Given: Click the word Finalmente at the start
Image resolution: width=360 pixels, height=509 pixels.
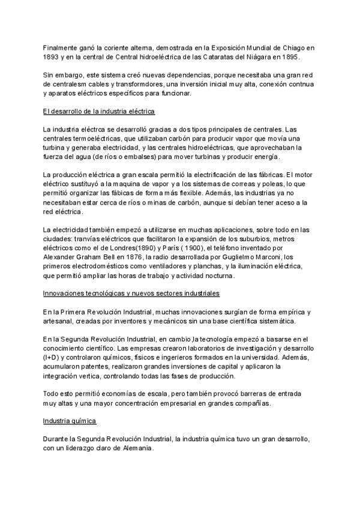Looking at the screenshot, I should pyautogui.click(x=59, y=46).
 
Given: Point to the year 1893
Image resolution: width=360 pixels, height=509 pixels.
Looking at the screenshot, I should pyautogui.click(x=52, y=57).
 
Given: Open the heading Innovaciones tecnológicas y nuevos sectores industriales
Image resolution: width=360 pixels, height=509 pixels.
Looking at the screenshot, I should pyautogui.click(x=131, y=293).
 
